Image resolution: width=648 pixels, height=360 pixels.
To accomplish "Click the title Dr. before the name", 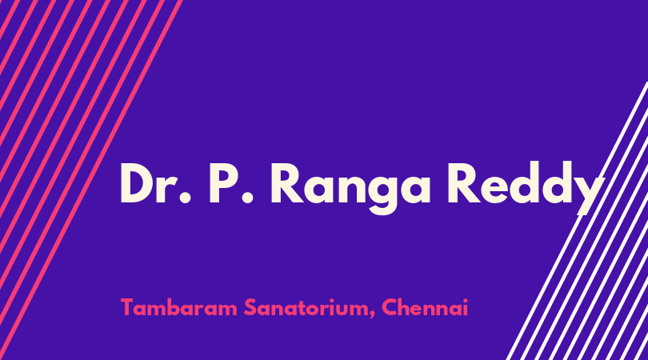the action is point(156,183).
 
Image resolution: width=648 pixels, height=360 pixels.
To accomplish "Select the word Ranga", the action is point(351,188).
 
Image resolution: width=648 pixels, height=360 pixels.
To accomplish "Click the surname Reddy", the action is point(525,188).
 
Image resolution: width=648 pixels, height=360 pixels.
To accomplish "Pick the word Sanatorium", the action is point(307,307).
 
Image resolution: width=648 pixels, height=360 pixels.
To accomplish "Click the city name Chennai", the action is point(425,307).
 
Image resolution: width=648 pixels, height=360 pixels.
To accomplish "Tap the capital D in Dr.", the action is point(137,183).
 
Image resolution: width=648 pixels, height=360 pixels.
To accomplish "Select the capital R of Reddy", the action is point(463,183).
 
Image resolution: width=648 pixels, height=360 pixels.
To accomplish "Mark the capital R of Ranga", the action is point(287,183).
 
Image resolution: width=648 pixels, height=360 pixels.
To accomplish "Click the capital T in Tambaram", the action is point(128,307).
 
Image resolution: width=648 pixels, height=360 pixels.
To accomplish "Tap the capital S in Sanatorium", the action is point(250,307).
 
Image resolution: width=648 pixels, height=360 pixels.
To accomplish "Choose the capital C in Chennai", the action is point(390,307).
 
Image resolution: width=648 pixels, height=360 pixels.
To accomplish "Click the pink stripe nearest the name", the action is point(90,180).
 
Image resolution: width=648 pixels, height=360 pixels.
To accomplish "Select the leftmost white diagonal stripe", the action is point(577,221).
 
